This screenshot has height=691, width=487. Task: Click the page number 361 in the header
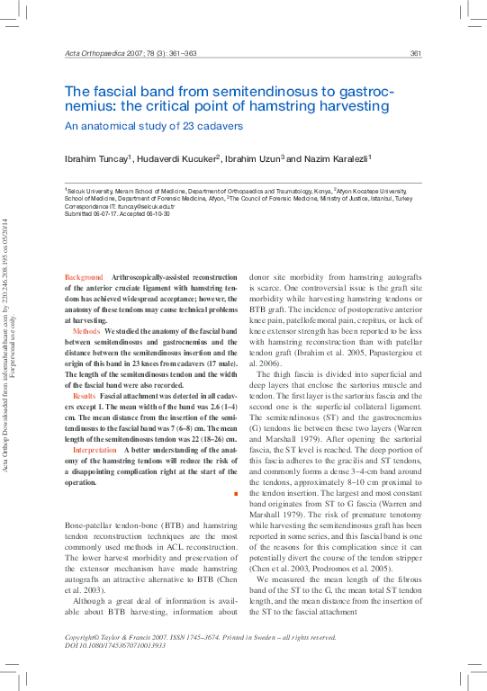tap(415, 54)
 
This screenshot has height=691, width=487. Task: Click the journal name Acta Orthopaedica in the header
tap(98, 54)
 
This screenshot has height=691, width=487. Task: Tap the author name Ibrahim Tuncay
tap(97, 159)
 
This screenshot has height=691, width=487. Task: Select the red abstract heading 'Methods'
tap(86, 332)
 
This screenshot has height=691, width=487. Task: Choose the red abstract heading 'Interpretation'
tap(95, 449)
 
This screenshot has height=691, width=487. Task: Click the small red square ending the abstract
tap(235, 493)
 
